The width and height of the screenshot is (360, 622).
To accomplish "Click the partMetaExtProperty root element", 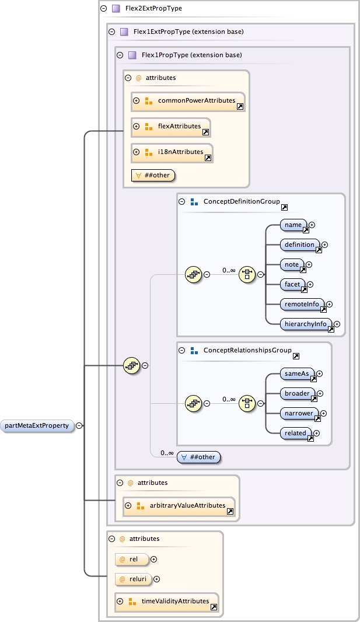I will pos(37,425).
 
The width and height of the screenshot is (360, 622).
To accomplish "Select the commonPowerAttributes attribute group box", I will pos(188,101).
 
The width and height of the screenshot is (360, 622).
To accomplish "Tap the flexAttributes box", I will pos(171,126).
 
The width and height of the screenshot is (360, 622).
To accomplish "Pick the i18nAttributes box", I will pos(172,152).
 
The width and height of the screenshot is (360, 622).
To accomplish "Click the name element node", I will pos(293,225).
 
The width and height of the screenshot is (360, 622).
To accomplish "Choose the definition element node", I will pos(300,244).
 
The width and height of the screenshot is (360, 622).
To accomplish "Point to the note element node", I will pos(292,264).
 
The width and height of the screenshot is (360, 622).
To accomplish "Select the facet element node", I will pos(292,284).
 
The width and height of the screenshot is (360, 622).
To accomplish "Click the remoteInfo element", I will pos(302,304).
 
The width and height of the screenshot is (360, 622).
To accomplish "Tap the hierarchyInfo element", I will pos(306,324).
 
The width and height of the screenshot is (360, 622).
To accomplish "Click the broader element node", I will pos(297,393).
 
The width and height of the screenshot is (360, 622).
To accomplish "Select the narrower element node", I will pos(299,413).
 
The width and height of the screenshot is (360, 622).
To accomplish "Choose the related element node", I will pos(296,433).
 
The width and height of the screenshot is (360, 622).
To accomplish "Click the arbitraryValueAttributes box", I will pos(179,506).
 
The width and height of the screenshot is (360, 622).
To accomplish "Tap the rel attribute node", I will pos(132,559).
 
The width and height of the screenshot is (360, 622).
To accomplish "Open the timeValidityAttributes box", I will pos(167,602).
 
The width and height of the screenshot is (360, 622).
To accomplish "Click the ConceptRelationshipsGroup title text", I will pos(247,350).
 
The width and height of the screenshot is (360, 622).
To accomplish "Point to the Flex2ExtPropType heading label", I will pos(153,9).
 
